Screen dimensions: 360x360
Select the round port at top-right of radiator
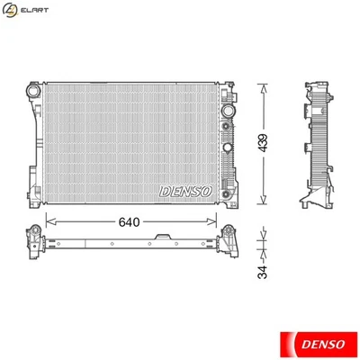tap(226, 113)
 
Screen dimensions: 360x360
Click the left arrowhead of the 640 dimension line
tap(48, 221)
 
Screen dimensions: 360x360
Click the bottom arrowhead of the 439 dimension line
tap(263, 202)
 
